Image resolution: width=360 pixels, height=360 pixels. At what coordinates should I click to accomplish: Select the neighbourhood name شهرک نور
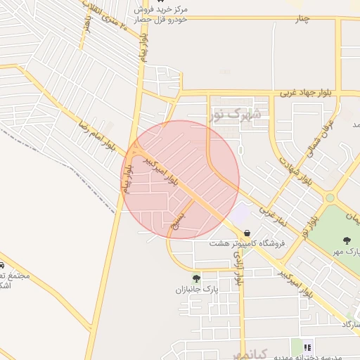click(x=235, y=113)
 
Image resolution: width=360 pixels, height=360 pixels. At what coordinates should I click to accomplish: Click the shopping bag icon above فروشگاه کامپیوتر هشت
click(x=247, y=233)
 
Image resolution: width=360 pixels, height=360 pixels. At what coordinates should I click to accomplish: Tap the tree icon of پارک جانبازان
click(x=195, y=278)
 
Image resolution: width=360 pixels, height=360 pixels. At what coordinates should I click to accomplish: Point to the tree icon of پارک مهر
click(x=346, y=240)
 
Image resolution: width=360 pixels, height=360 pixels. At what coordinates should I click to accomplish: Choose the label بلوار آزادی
click(x=239, y=269)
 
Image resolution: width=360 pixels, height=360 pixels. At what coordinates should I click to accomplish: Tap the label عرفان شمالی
click(x=320, y=138)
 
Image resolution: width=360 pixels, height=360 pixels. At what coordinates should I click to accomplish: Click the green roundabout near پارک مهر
click(x=330, y=198)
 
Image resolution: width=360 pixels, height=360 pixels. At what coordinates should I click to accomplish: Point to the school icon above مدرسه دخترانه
click(x=307, y=347)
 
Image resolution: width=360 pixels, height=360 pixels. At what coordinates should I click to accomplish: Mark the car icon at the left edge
click(x=2, y=266)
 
